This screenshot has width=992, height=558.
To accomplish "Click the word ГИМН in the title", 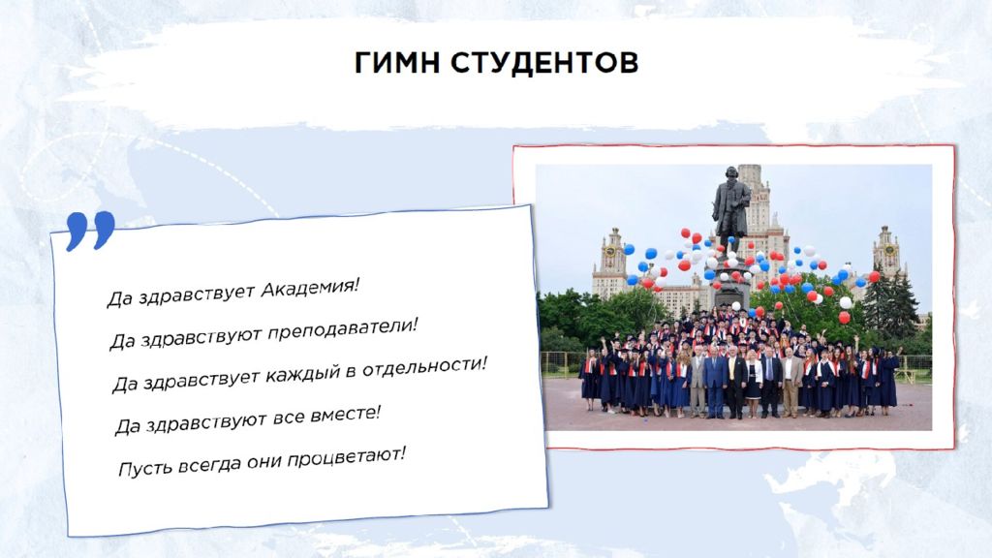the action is coord(396,63).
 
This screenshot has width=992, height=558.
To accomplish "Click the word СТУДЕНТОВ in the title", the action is coord(544,63).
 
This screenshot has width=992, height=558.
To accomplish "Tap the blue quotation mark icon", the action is coord(90,231).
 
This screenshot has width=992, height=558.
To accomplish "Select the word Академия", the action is coord(310,288).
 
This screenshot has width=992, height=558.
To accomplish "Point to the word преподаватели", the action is coord(342,329).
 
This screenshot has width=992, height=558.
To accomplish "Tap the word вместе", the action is coord(346,415).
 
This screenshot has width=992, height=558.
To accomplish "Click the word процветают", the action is coord(346,457).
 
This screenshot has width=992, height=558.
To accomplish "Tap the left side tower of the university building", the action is coord(611,263).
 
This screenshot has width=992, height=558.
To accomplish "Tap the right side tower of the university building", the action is coord(886,253).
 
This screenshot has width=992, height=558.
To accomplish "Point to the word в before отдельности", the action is coord(351,371).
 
